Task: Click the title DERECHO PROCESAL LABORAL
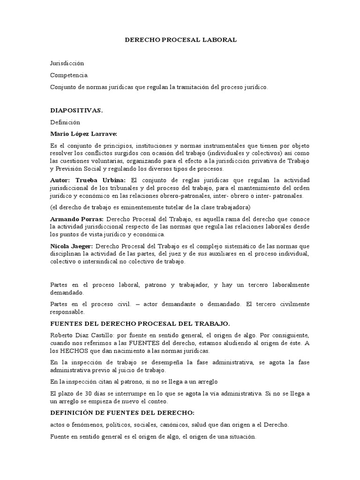tap(180, 40)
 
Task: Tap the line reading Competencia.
tap(68, 75)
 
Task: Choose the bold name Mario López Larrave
tap(83, 134)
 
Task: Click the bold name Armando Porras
tap(76, 219)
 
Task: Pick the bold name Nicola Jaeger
tap(72, 246)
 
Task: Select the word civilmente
tap(293, 304)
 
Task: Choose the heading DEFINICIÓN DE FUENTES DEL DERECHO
tap(122, 412)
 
